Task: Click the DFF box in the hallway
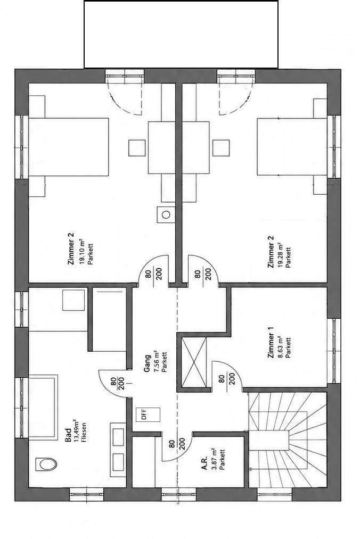148,414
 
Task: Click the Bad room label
68,436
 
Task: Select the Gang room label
147,364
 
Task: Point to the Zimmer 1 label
271,345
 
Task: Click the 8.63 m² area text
280,347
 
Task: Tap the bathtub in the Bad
43,407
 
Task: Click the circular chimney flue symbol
166,215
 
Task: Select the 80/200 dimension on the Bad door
117,383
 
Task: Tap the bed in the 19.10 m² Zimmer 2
69,147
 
